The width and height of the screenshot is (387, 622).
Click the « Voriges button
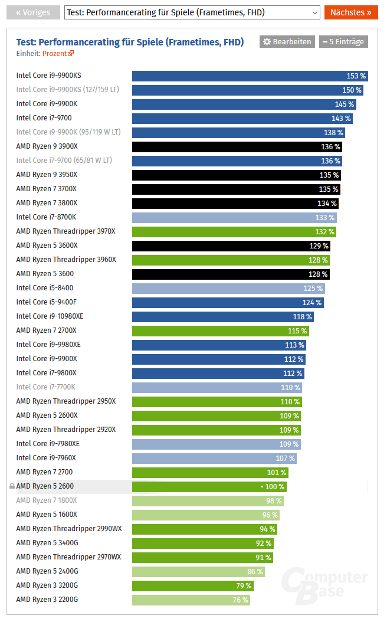tap(33, 12)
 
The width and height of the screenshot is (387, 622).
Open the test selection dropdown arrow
tap(313, 12)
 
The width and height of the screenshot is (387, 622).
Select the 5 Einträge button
tap(343, 42)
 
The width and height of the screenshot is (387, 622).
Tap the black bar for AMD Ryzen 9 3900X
tap(237, 147)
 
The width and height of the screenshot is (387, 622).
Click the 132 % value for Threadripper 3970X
tap(324, 232)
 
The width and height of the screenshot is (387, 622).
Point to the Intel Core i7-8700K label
tap(46, 217)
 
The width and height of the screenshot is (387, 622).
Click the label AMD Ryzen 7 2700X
tap(46, 330)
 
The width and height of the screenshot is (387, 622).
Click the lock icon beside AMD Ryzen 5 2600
tap(12, 486)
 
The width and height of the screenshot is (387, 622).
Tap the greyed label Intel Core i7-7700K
tap(45, 387)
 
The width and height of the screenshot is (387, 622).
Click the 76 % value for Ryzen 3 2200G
tap(240, 600)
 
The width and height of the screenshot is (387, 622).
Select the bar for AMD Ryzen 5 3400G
tap(202, 544)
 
